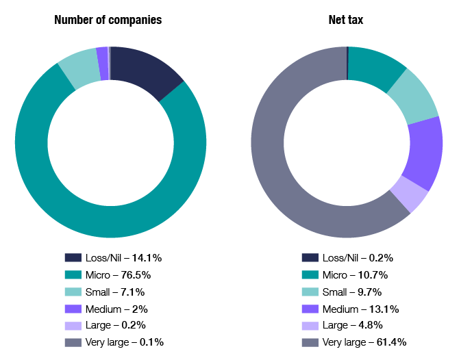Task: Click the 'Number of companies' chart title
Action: (x=108, y=20)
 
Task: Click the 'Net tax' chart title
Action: (x=346, y=20)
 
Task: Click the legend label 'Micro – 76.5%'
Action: (x=118, y=274)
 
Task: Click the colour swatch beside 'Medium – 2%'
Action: (x=73, y=308)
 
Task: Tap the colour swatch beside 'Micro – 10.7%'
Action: (x=310, y=274)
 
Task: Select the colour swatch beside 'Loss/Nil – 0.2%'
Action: (x=310, y=258)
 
